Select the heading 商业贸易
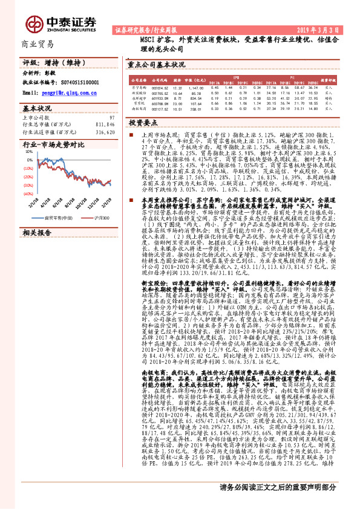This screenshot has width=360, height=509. pyautogui.click(x=38, y=44)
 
